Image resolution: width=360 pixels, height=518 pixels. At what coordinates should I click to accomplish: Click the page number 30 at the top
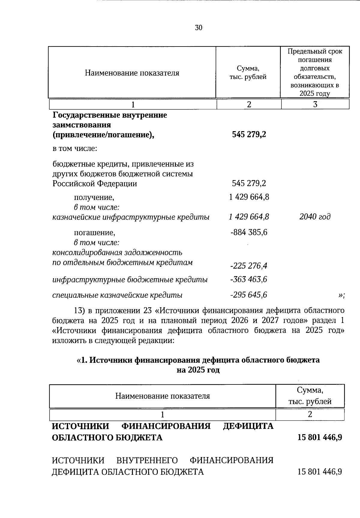199,28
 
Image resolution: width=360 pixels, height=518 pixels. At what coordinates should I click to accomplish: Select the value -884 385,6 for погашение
249,232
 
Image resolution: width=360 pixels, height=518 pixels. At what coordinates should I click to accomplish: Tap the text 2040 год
315,217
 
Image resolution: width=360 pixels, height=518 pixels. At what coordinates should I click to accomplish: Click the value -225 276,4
249,266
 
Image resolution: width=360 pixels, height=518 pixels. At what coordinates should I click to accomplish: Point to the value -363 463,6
249,279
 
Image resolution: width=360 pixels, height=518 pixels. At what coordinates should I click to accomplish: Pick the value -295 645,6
249,295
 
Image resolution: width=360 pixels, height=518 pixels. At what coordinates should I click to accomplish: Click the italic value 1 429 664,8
249,217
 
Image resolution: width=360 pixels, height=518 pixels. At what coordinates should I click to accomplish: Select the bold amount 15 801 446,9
319,437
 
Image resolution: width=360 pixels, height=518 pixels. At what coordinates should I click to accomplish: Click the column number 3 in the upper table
315,104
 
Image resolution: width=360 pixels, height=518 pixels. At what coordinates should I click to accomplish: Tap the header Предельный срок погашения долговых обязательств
315,72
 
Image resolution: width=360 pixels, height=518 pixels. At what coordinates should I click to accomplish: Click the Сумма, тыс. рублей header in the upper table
248,73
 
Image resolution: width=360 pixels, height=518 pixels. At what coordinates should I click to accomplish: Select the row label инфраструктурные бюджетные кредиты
130,280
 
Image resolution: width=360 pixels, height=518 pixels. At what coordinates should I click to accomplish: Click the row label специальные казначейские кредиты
117,295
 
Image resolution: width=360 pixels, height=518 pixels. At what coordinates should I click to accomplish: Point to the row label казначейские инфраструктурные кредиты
131,217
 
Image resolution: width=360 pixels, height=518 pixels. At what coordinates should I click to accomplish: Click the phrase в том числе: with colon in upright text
75,149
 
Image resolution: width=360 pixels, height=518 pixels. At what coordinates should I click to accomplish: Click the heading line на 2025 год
198,370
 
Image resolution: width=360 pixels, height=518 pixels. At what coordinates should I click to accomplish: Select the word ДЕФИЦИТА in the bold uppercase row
248,426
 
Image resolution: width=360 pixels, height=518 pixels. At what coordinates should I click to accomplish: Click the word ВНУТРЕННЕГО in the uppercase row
147,460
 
